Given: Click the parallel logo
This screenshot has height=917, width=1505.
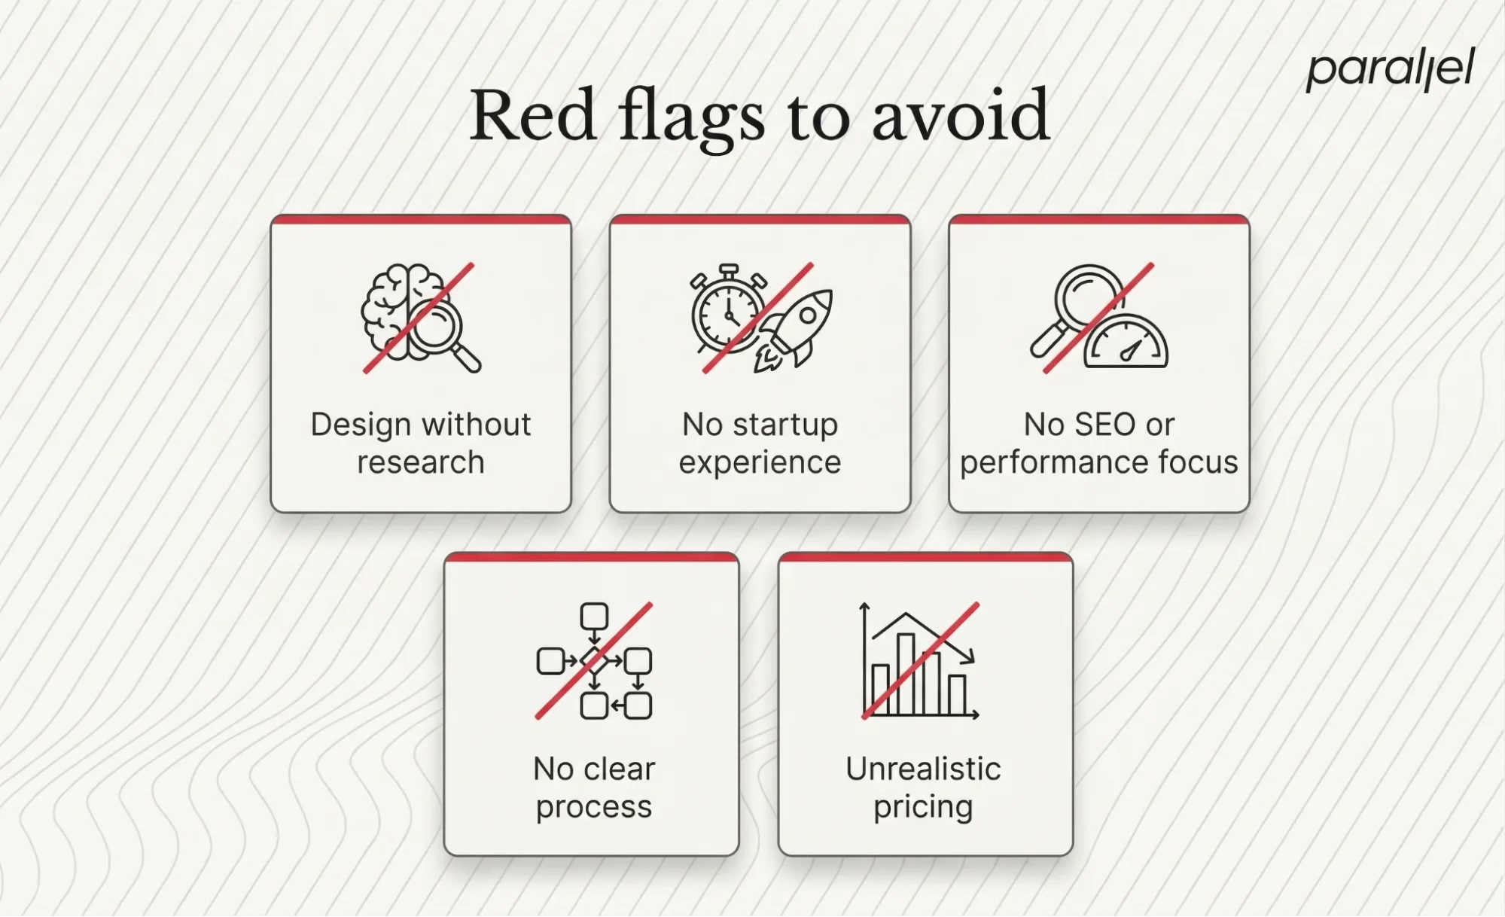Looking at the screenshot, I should [x=1390, y=70].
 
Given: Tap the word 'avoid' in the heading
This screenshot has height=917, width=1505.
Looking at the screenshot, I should [x=960, y=116].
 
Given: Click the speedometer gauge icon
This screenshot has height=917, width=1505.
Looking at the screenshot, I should [x=1126, y=343].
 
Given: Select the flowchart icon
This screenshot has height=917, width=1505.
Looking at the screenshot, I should [x=594, y=661].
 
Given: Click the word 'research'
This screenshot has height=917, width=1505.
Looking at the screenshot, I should [x=420, y=462].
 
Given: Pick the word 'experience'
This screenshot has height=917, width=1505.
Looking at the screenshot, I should [x=760, y=462].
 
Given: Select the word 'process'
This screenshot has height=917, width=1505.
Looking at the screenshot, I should [x=593, y=806].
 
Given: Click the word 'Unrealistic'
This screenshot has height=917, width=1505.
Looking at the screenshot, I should [x=923, y=769].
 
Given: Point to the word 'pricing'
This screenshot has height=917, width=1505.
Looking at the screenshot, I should [x=923, y=807].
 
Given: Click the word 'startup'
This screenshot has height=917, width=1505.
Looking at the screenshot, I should [x=785, y=425].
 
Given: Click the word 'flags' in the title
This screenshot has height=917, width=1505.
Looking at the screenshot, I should [x=691, y=117].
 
